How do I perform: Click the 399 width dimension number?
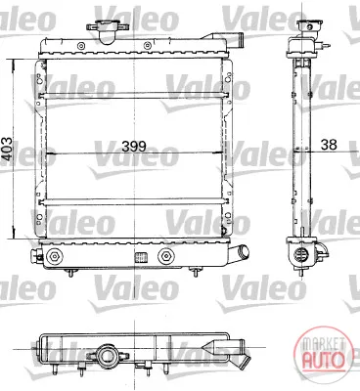pyautogui.click(x=134, y=147)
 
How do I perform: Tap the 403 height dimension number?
pyautogui.click(x=7, y=149)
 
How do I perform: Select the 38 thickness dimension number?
pyautogui.click(x=329, y=145)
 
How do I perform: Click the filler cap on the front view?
pyautogui.click(x=107, y=31)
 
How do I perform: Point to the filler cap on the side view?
pyautogui.click(x=309, y=24)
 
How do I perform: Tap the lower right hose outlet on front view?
pyautogui.click(x=239, y=252)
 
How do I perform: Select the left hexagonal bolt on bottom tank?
pyautogui.click(x=54, y=256)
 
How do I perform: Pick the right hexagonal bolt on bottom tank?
pyautogui.click(x=165, y=256)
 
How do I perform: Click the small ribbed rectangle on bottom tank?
pyautogui.click(x=141, y=257)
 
